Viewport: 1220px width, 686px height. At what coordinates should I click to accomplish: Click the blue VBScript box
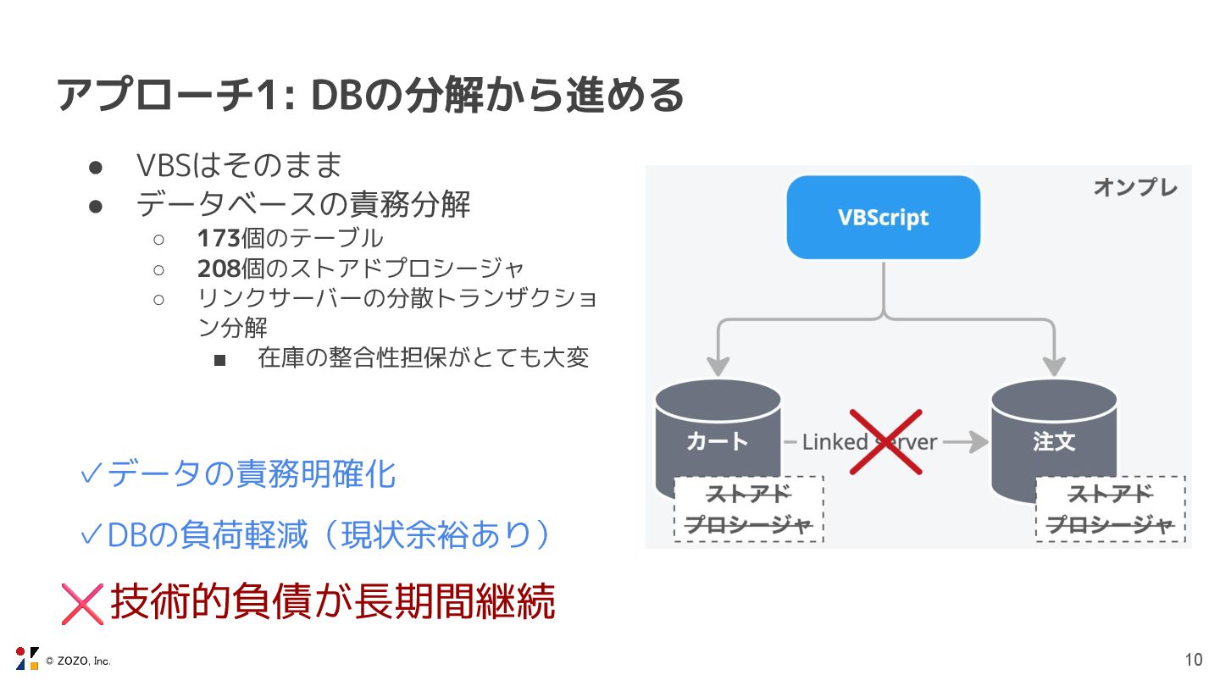(883, 217)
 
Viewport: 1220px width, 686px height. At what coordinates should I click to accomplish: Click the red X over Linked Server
(885, 441)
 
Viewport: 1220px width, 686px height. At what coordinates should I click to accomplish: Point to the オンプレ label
(1134, 188)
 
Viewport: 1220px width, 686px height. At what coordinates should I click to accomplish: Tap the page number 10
(1193, 660)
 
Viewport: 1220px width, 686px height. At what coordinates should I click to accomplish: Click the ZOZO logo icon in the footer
(27, 658)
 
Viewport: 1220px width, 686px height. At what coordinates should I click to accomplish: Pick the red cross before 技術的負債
(82, 603)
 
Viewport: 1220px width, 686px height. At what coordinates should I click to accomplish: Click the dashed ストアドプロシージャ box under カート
(749, 509)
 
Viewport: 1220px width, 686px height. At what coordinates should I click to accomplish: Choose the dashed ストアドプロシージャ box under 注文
(1110, 509)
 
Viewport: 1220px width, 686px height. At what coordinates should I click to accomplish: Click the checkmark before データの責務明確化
(91, 475)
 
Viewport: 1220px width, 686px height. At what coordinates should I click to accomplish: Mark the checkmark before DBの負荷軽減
(91, 535)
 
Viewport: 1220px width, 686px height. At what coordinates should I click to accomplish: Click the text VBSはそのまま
(239, 165)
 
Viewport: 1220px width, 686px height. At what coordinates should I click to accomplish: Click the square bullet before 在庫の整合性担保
(220, 360)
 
